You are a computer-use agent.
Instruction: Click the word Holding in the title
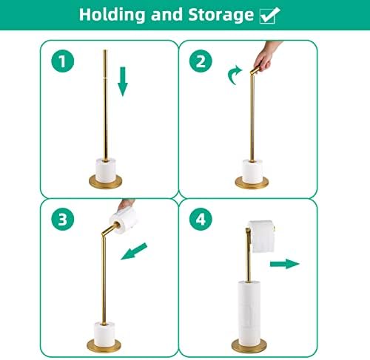point(112,16)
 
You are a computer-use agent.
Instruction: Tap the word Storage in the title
point(221,16)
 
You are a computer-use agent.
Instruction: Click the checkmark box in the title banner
point(270,16)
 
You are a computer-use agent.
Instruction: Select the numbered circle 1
point(63,61)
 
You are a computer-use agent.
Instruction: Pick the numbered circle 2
point(201,61)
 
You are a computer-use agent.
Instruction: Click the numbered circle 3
point(63,219)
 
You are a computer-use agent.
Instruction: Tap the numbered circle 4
point(201,219)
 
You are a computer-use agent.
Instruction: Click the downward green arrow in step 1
point(123,81)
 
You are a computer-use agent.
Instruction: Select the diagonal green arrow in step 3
point(134,251)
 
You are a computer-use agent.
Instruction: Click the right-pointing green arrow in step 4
point(285,264)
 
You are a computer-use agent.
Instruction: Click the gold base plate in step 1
point(105,182)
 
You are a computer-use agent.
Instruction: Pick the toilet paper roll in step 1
point(106,170)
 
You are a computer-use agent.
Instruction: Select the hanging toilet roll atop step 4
point(261,237)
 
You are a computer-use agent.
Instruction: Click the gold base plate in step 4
point(249,345)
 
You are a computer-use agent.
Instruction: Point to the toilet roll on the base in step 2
point(252,171)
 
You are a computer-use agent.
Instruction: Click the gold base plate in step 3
point(104,345)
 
